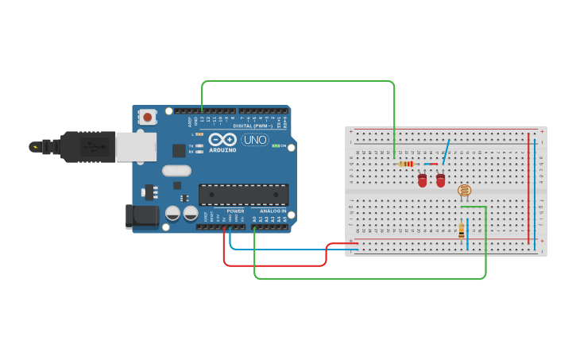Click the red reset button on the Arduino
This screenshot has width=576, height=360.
(x=147, y=117)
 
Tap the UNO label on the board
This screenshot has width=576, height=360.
(x=254, y=140)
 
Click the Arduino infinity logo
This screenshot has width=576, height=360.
(x=222, y=140)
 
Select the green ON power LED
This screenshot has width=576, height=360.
(x=276, y=146)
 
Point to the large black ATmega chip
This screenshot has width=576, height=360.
(x=243, y=194)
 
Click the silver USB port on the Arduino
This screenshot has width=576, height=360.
(x=136, y=147)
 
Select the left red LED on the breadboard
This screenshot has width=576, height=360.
(x=422, y=181)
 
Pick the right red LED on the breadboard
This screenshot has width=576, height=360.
(x=441, y=181)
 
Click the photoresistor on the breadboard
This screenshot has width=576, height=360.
(x=465, y=190)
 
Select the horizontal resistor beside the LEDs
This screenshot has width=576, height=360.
(x=406, y=164)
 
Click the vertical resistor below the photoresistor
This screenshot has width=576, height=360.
(x=462, y=230)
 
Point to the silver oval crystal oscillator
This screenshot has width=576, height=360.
(x=177, y=170)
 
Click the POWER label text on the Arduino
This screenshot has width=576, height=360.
(x=235, y=211)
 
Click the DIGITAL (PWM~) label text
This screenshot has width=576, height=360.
(x=253, y=126)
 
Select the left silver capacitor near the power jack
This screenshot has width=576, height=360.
(x=172, y=213)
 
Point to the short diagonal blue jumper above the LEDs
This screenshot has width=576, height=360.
(x=447, y=152)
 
